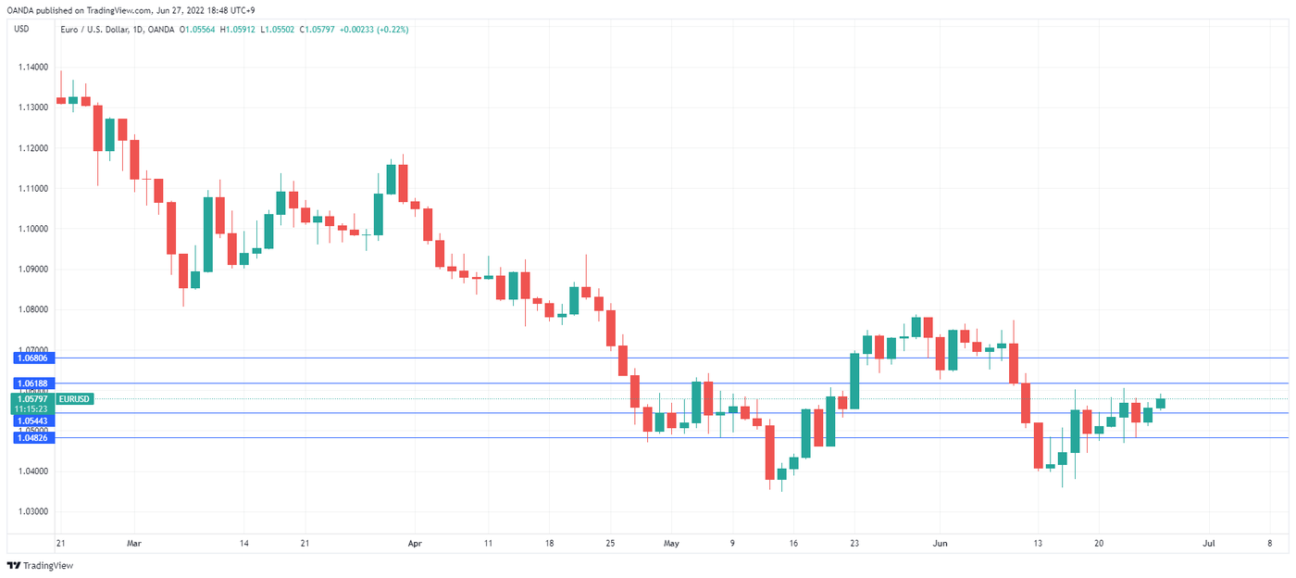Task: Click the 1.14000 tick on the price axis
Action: (x=31, y=68)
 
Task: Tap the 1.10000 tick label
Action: (x=31, y=229)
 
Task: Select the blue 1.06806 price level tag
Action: (x=31, y=358)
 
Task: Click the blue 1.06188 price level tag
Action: (x=31, y=383)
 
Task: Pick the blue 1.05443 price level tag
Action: (x=31, y=421)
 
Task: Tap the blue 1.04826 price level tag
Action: (x=31, y=437)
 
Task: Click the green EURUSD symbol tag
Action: (x=74, y=399)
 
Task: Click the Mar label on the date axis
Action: (x=134, y=543)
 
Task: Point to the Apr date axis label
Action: (x=414, y=543)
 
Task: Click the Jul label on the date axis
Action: (x=1208, y=543)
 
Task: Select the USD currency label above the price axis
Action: (x=21, y=29)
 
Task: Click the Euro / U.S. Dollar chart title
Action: (x=92, y=30)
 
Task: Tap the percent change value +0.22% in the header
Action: (x=390, y=30)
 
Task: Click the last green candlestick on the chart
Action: (x=1161, y=403)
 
